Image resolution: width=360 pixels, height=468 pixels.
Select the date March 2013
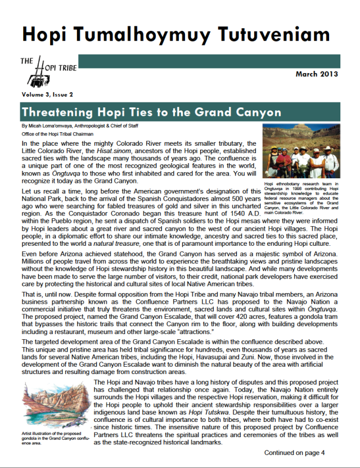(x=317, y=74)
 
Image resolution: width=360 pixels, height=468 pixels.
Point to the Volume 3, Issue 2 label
(x=48, y=94)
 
